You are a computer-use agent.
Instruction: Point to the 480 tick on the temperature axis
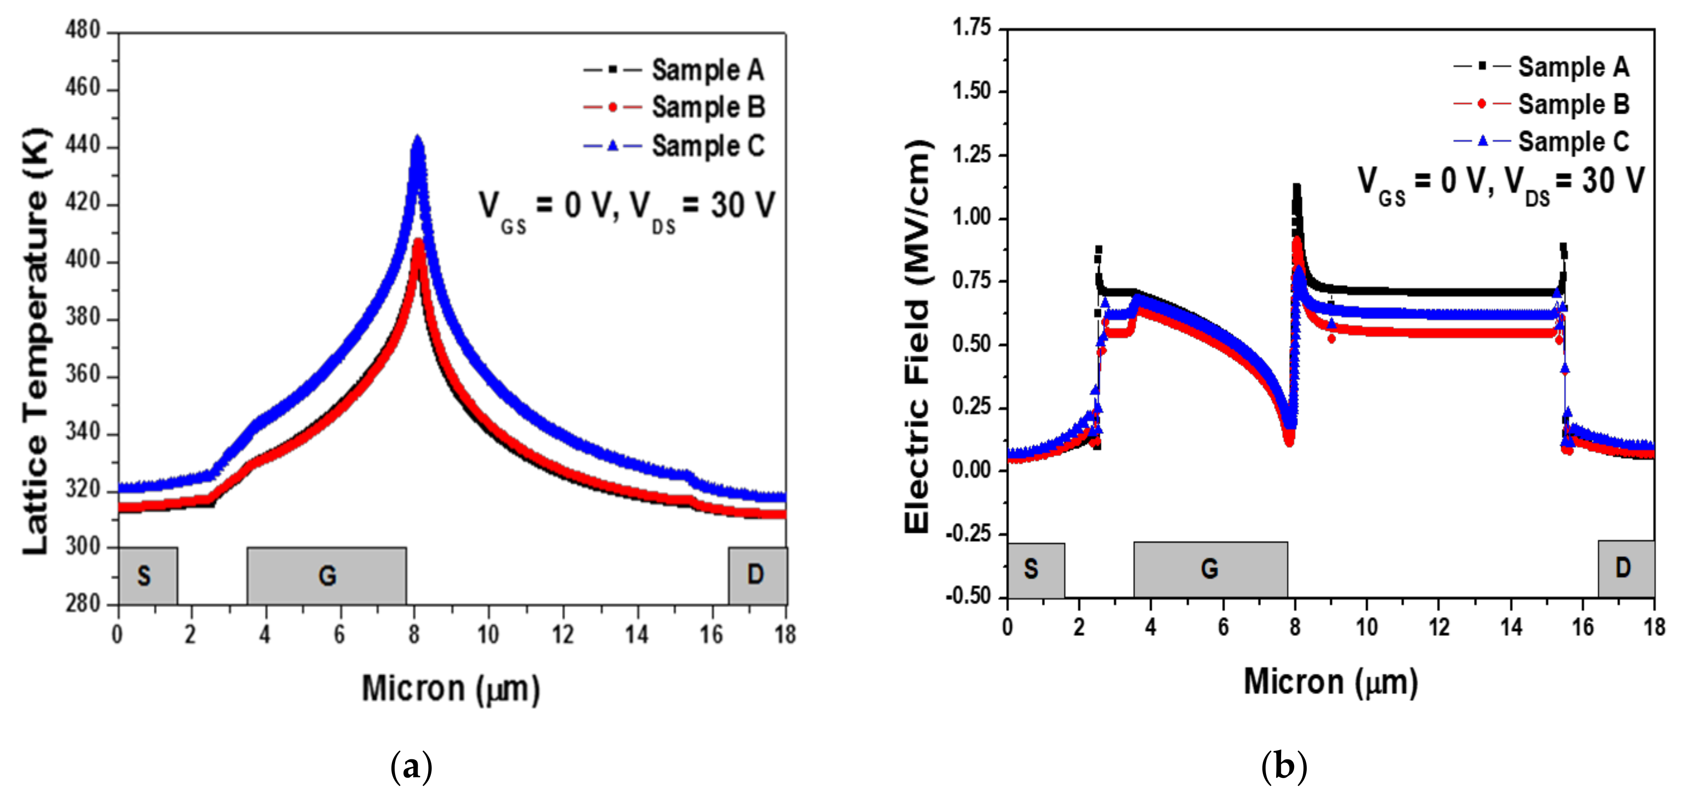coord(83,31)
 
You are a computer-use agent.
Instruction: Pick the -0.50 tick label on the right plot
coord(968,596)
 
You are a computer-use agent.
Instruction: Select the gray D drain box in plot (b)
coord(1625,568)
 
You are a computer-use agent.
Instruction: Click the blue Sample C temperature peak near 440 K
coord(417,141)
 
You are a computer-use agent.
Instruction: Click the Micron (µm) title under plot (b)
coord(1330,682)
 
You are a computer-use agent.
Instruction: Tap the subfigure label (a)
coord(411,766)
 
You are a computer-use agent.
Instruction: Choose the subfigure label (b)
coord(1283,766)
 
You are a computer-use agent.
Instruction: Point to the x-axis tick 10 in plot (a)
coord(488,634)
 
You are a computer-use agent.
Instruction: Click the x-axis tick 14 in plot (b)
coord(1511,627)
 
